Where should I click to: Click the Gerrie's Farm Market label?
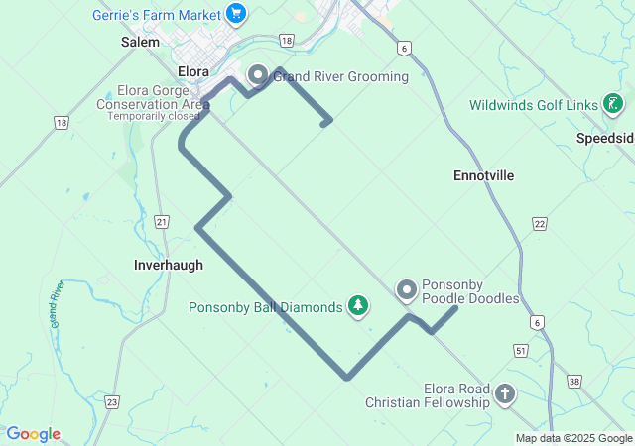point(156,14)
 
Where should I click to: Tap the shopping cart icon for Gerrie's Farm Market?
point(235,13)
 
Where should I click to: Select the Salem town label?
point(140,43)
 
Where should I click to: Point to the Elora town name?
point(192,71)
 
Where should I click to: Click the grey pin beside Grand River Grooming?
point(258,75)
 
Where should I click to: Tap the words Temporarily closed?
point(153,116)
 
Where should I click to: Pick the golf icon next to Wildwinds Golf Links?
point(615,104)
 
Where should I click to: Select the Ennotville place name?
point(483,175)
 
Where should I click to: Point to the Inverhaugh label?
point(169,265)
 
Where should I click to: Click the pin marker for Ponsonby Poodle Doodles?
point(407,290)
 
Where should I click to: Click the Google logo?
point(33,434)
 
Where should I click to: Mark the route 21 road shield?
point(163,222)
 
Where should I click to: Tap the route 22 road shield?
point(539,224)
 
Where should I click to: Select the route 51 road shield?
point(520,350)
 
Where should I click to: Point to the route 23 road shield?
point(111,401)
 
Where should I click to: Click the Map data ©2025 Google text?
point(573,438)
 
